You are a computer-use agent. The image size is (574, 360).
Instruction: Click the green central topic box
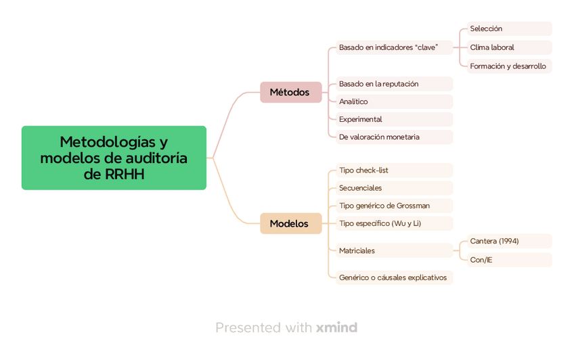click(114, 158)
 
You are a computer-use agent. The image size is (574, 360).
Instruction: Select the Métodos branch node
click(290, 92)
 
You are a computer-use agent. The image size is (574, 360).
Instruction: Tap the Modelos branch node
click(290, 223)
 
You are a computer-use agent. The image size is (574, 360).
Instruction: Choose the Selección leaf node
click(509, 28)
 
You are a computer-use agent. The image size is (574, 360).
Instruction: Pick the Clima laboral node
click(509, 47)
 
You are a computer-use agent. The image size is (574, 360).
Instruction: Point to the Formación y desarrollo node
click(509, 66)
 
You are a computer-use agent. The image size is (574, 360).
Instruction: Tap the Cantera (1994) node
click(509, 241)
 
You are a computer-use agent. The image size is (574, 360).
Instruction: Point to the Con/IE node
click(509, 260)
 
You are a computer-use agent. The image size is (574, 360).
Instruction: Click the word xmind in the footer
click(336, 328)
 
